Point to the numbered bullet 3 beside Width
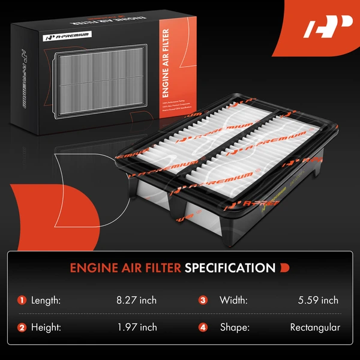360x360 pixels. tap(203, 300)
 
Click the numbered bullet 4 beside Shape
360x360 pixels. tap(203, 327)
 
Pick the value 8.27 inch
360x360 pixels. tap(137, 300)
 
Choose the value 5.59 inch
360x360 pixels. tap(318, 300)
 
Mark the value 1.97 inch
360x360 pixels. tap(137, 327)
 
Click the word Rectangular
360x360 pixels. tap(315, 327)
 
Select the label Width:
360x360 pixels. tap(233, 300)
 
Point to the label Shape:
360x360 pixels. tap(233, 327)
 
